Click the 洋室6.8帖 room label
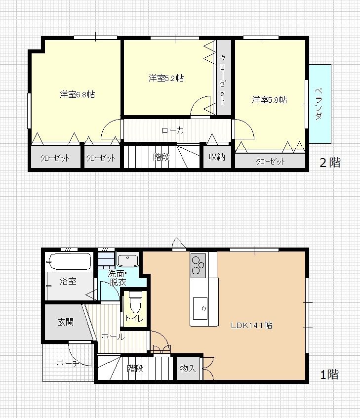77,94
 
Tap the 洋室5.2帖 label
166,78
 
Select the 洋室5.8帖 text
270,100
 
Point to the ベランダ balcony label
319,104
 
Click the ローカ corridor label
173,130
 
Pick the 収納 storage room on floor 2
217,157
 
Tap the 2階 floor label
330,163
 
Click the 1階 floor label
329,375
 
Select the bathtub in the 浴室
69,261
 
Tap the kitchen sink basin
200,308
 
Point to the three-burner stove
198,265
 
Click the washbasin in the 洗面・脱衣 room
127,260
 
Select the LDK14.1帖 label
251,325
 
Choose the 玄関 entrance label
66,322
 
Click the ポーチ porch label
68,363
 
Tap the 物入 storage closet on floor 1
188,369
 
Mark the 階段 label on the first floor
135,369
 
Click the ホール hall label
113,336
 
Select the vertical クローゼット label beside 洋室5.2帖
223,79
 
